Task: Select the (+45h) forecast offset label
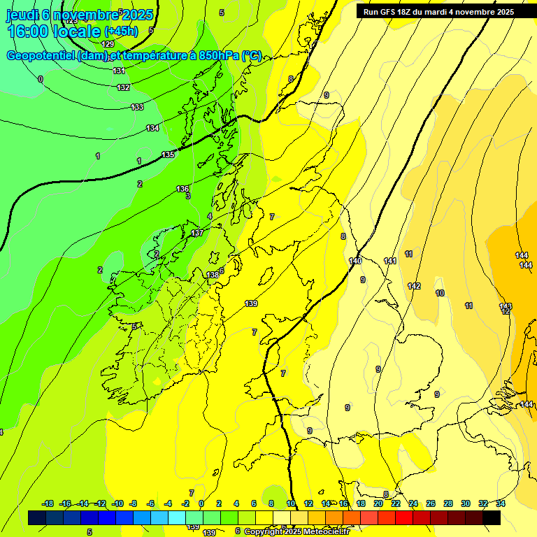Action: (x=121, y=31)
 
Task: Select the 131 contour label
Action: (x=119, y=71)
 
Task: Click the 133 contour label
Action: (x=137, y=107)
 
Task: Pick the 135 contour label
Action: (x=168, y=155)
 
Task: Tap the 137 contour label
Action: (x=197, y=233)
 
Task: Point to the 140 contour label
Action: (x=355, y=261)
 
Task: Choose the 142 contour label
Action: (x=414, y=286)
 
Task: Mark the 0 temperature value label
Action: (x=41, y=79)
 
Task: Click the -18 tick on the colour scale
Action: (x=48, y=503)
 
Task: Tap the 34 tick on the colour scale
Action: (x=501, y=503)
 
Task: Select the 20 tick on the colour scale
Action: (x=378, y=503)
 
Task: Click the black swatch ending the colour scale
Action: (x=492, y=517)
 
